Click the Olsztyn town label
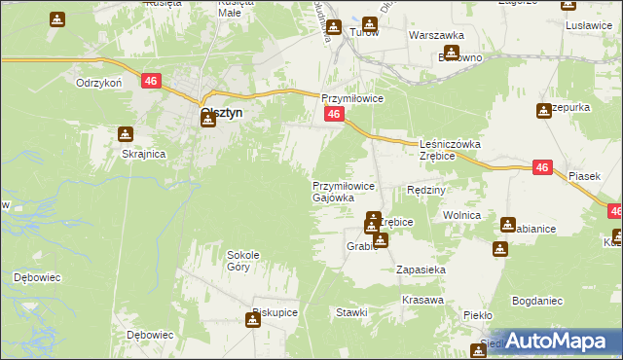221,113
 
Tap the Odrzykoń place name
98,83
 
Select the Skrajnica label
143,154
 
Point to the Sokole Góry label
243,260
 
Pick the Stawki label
351,312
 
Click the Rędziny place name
425,190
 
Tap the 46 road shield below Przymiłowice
333,116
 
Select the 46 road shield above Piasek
543,168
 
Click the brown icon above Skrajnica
125,134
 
